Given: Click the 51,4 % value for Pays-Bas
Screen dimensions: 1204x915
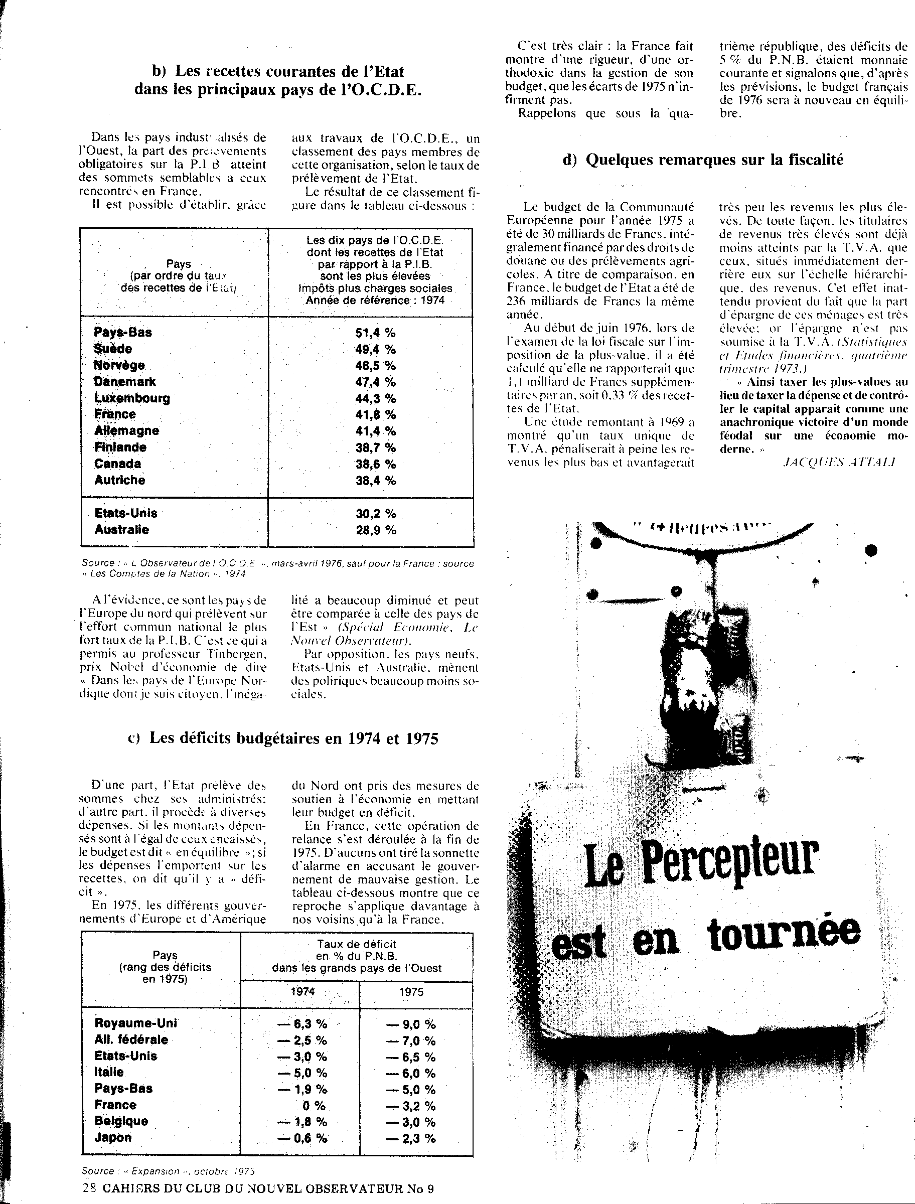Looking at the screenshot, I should pos(375,333).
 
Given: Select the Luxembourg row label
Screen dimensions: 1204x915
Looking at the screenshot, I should pos(132,398).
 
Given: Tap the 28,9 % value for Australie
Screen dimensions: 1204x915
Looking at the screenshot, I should pos(376,529).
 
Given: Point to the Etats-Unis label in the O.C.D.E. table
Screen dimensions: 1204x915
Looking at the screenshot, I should pos(126,513).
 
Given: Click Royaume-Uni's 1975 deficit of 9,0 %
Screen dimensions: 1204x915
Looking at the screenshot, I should pos(411,1024).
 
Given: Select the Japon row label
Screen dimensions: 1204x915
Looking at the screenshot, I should pos(113,1138).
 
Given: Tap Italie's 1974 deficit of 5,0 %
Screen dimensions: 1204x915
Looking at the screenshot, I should pos(302,1073).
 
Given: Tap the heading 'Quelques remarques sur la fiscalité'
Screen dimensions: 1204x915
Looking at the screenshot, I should pos(703,160).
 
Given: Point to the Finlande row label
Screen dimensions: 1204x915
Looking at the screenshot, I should pos(120,447).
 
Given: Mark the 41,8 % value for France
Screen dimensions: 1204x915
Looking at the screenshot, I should pos(375,414).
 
